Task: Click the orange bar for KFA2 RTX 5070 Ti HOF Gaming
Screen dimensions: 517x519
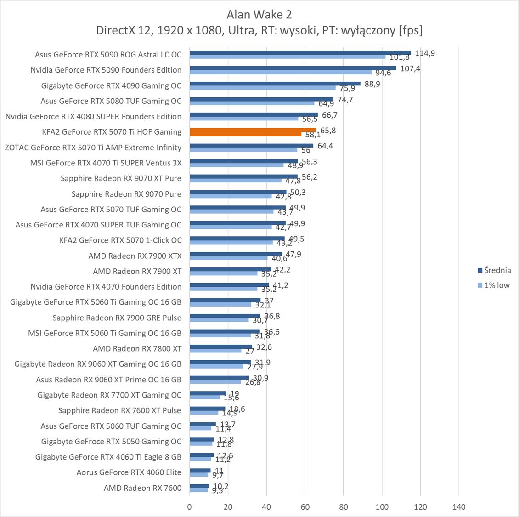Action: [253, 130]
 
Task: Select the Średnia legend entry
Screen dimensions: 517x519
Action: [494, 270]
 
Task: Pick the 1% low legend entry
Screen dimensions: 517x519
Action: [494, 285]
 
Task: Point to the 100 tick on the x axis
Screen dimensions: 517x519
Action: [382, 507]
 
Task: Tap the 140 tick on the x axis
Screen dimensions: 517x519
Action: [458, 507]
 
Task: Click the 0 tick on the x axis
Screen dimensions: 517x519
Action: [190, 507]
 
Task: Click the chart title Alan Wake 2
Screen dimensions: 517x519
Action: [259, 15]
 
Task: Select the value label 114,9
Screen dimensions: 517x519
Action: [425, 53]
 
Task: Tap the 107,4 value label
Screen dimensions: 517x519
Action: [410, 69]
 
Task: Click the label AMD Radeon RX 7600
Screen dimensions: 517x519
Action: [142, 488]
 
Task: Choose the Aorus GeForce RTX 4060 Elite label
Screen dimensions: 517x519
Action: [129, 472]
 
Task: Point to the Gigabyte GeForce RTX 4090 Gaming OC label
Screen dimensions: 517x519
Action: [111, 85]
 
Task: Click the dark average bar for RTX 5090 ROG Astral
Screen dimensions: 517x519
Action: [300, 52]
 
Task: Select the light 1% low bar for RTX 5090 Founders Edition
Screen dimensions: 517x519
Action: [280, 72]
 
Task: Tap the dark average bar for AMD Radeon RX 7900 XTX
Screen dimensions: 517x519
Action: [236, 254]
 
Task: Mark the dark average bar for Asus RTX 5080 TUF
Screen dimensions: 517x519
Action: [261, 99]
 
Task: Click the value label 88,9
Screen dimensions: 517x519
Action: [372, 84]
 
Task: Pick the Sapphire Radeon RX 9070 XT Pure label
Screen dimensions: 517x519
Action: [121, 178]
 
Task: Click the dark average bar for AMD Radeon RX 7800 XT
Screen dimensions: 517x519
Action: [221, 347]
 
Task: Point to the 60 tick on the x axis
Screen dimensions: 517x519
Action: [305, 507]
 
